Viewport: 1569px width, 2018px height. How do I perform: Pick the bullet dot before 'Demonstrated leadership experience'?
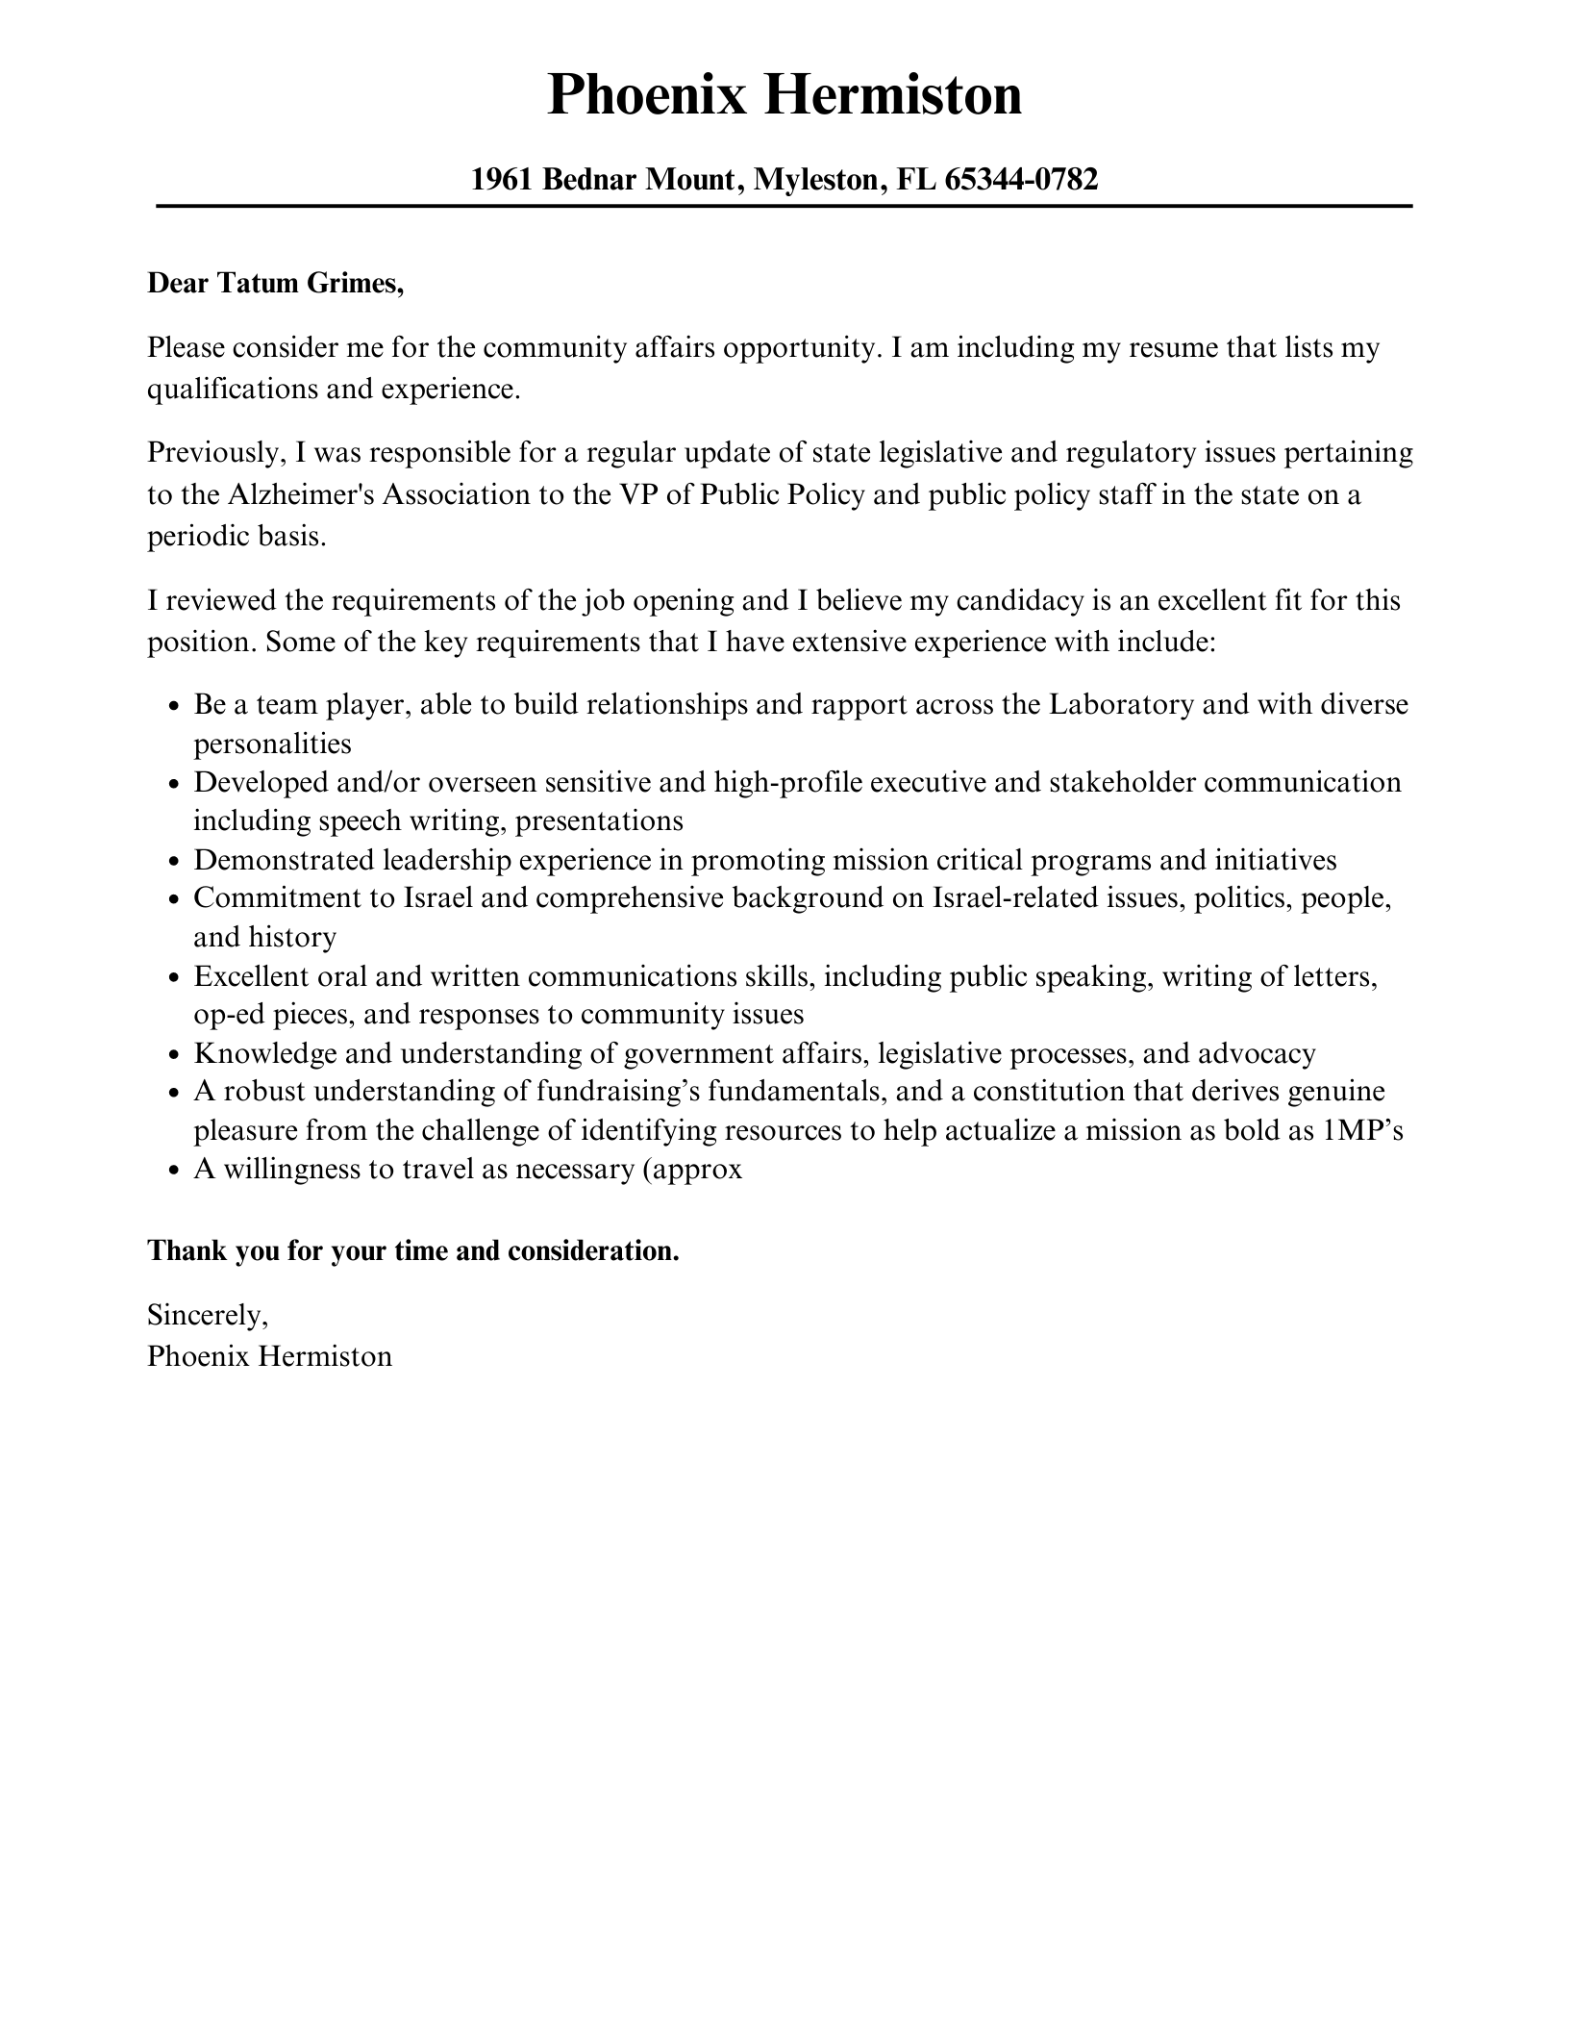pos(174,862)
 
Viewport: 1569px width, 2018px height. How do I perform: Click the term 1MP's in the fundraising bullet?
pos(1362,1131)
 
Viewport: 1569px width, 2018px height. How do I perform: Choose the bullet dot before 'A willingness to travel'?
pos(174,1172)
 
